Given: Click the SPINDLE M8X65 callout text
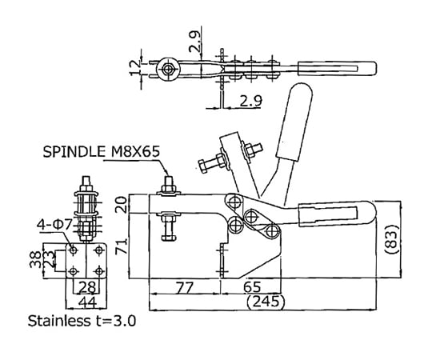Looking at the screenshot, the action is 101,151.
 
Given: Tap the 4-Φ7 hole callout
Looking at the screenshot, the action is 54,225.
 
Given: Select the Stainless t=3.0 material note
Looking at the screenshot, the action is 82,321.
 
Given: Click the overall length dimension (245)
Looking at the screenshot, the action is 266,301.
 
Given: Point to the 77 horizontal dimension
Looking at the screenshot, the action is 185,287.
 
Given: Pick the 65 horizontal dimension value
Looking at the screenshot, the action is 252,286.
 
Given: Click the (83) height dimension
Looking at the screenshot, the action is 391,239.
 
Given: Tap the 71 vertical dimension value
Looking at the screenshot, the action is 122,246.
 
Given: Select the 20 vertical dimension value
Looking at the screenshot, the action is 122,204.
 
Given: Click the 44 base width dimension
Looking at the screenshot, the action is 88,302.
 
